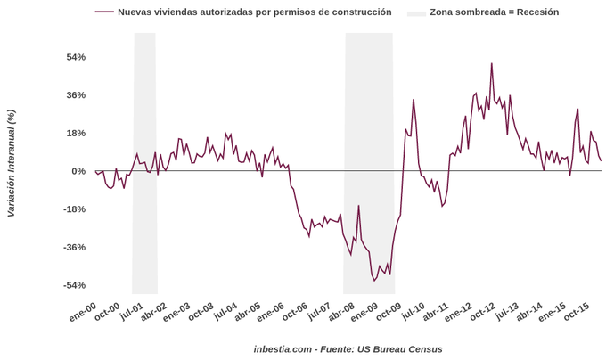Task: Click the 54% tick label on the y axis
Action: pyautogui.click(x=76, y=57)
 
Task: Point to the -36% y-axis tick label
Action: pyautogui.click(x=74, y=247)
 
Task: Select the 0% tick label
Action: pyautogui.click(x=78, y=171)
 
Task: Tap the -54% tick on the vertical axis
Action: pyautogui.click(x=74, y=285)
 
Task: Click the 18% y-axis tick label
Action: pyautogui.click(x=76, y=133)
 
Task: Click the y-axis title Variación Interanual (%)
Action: pyautogui.click(x=11, y=163)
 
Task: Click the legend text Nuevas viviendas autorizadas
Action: pyautogui.click(x=254, y=12)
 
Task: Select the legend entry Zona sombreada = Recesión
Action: pyautogui.click(x=494, y=12)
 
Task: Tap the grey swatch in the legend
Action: pyautogui.click(x=416, y=13)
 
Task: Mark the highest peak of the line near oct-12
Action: pyautogui.click(x=491, y=63)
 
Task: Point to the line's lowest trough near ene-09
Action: pyautogui.click(x=374, y=281)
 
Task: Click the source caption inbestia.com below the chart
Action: pyautogui.click(x=348, y=348)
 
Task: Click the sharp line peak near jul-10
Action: pyautogui.click(x=414, y=99)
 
